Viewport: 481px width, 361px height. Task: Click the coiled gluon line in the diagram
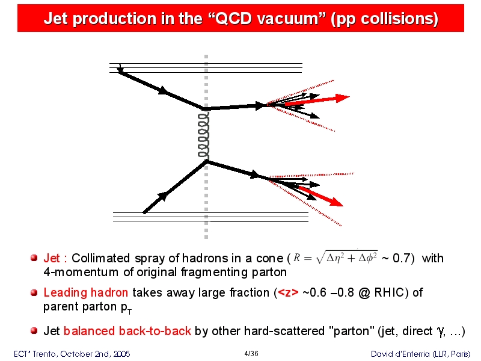tap(204, 135)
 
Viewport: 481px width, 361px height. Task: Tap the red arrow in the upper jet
tap(317, 100)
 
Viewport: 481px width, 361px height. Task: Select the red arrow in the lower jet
tap(320, 197)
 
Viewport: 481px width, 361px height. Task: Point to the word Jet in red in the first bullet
tap(52, 258)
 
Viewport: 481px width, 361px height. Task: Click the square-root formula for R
tap(335, 258)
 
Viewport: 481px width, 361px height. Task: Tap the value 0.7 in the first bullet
tap(401, 258)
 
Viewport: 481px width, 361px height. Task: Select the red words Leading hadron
tap(85, 292)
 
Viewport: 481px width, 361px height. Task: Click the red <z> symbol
tap(288, 292)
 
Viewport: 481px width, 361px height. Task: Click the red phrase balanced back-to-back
tap(127, 331)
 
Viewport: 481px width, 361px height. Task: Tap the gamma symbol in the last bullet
tap(441, 332)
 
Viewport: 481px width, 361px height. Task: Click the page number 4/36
tap(251, 354)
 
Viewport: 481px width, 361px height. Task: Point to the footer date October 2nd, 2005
tap(95, 354)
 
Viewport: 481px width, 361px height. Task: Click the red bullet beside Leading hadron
tap(34, 292)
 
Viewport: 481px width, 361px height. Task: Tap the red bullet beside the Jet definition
tap(34, 258)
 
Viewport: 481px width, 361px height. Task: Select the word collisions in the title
tap(399, 19)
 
